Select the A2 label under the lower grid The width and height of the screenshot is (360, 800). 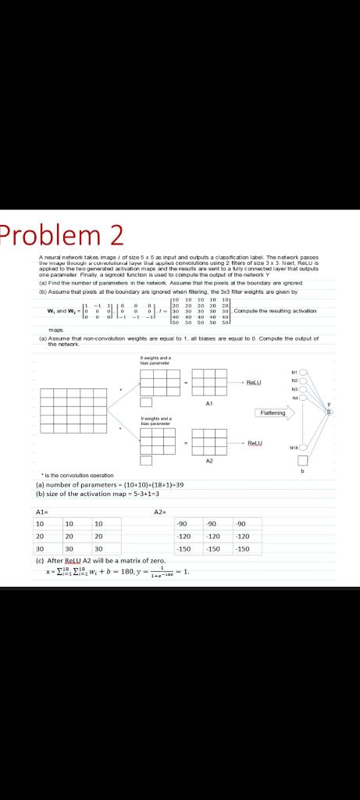click(209, 461)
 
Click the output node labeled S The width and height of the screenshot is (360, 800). click(329, 412)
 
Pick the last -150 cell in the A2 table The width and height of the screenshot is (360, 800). click(242, 549)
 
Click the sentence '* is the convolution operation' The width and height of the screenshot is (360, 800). click(78, 475)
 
